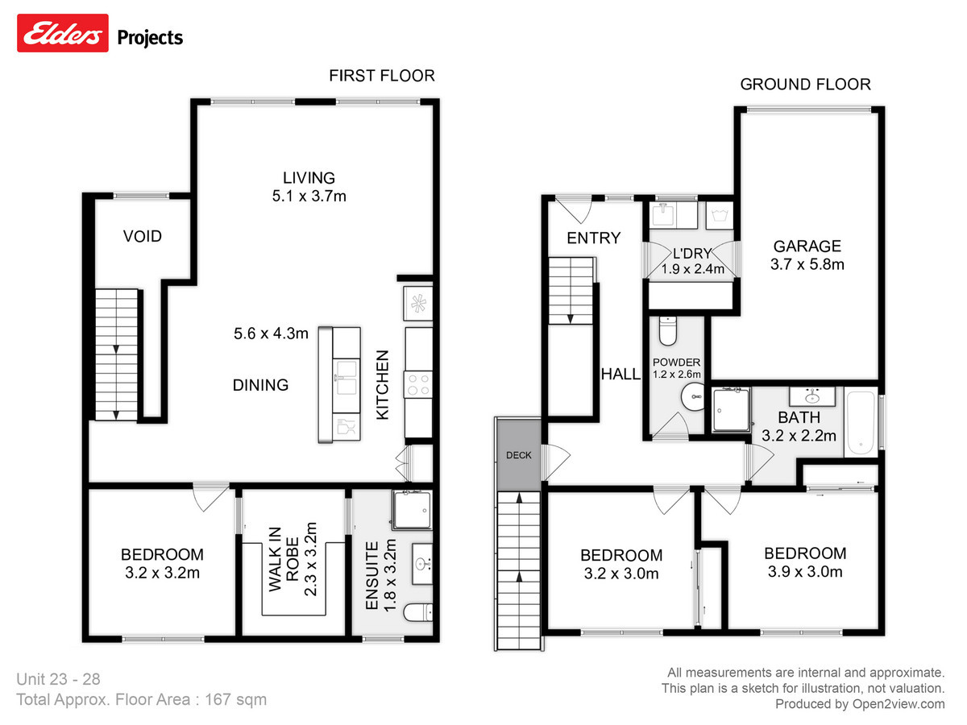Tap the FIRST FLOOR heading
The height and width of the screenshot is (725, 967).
click(381, 76)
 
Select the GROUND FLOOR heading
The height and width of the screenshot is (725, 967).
click(805, 84)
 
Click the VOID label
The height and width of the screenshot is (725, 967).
click(142, 237)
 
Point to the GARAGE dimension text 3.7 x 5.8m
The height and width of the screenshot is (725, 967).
click(808, 264)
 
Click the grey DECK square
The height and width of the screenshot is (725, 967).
click(519, 455)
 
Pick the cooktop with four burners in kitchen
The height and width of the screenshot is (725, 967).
click(419, 383)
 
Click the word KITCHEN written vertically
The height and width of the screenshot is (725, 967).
click(384, 384)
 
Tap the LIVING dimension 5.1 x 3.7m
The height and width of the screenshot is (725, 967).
click(308, 196)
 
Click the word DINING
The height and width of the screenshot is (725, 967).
click(260, 385)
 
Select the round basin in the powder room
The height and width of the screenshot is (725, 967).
click(691, 396)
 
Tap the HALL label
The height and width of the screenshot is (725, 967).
click(620, 374)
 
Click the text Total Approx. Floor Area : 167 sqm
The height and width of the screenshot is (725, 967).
click(141, 699)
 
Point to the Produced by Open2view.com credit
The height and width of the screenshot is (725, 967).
click(860, 704)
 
